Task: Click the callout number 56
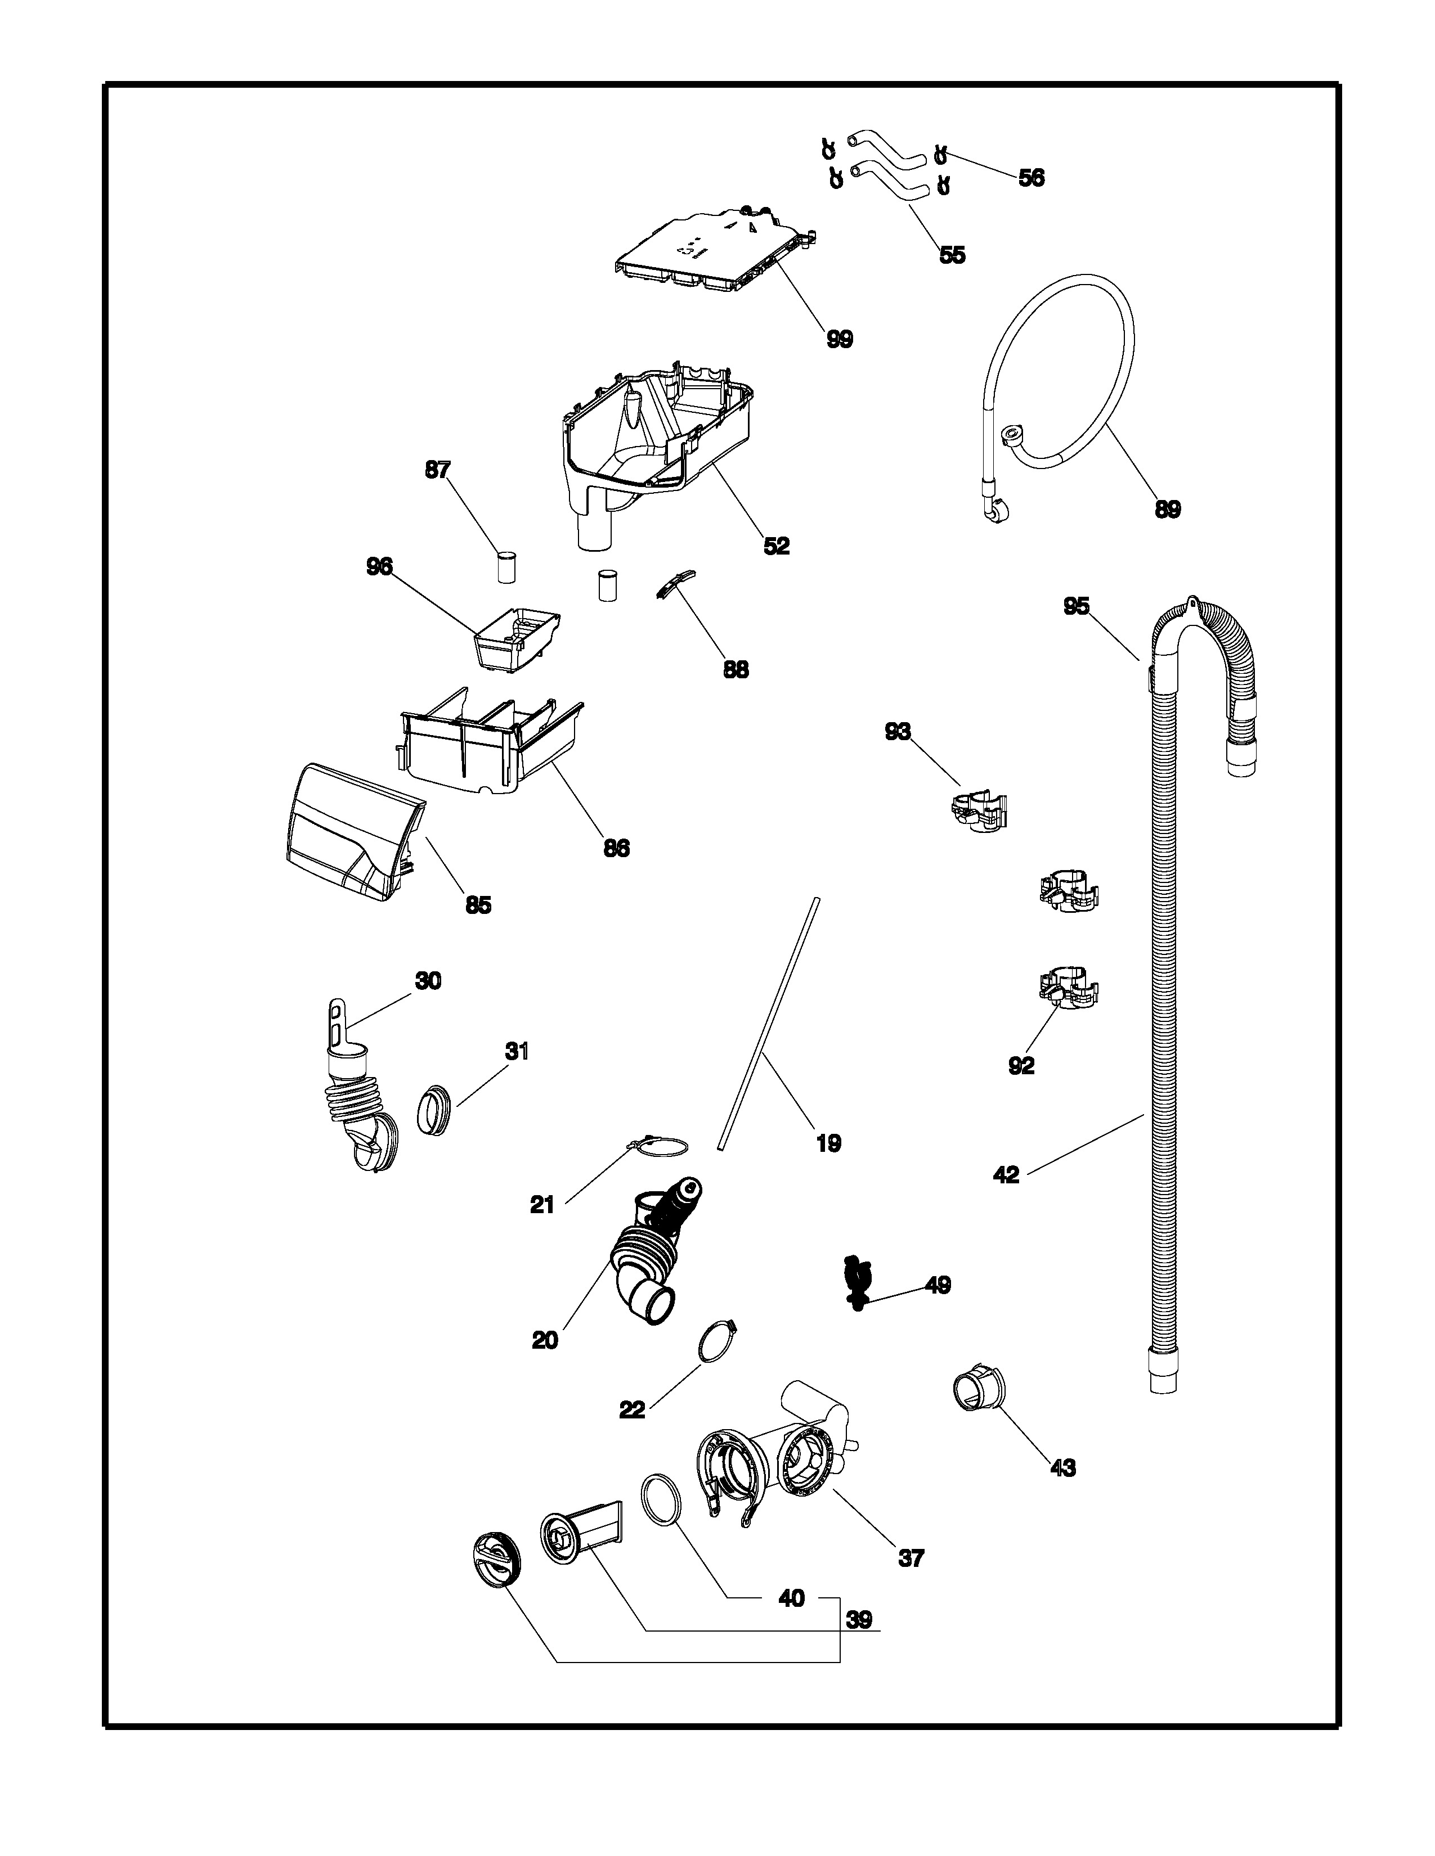tap(1030, 178)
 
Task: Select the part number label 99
tap(839, 339)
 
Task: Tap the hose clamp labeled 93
tap(977, 810)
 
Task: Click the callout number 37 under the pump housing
tap(911, 1558)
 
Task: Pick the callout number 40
tap(791, 1598)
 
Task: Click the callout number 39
tap(859, 1620)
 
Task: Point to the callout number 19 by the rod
tap(828, 1144)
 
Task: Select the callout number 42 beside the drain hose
tap(1006, 1175)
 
